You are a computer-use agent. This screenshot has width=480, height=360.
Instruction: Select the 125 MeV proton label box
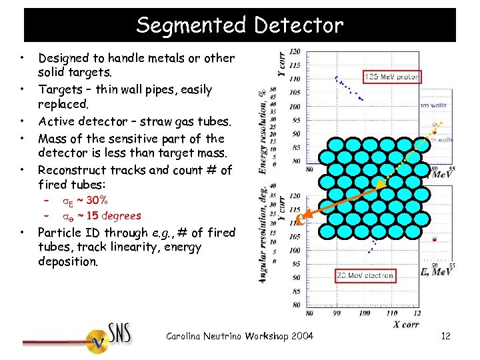click(392, 77)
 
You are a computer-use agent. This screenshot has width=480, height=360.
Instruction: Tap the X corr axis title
click(405, 324)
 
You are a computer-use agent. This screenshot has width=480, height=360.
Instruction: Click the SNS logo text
click(120, 333)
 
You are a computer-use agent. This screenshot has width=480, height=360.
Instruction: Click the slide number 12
click(445, 336)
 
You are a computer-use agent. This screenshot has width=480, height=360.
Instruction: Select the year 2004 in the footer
click(301, 336)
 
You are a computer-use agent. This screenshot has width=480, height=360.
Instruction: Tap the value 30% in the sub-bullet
click(97, 200)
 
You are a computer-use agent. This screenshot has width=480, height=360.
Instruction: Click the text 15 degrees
click(114, 215)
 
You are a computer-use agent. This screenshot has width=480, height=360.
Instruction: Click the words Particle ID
click(67, 233)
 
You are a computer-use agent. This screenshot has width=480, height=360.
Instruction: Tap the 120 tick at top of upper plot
click(294, 52)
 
